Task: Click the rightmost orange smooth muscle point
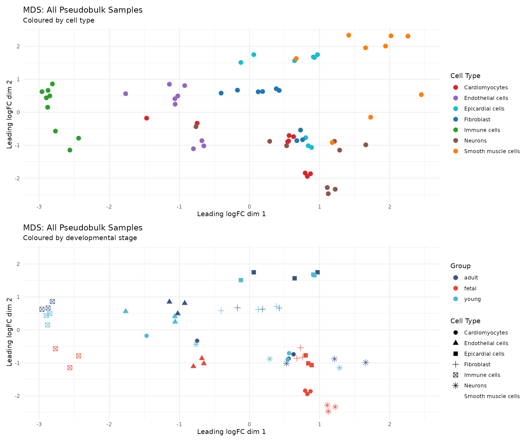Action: (x=421, y=95)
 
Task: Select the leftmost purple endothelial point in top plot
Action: (x=126, y=94)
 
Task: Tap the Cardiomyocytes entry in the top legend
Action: (x=486, y=87)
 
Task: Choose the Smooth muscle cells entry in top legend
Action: (x=492, y=151)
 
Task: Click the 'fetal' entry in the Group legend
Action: (x=470, y=288)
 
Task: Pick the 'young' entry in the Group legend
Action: (x=472, y=299)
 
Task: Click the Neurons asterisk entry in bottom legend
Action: (x=475, y=386)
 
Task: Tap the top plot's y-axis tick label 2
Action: (x=18, y=47)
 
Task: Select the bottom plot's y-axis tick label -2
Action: (x=17, y=396)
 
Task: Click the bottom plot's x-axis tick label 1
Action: (x=320, y=424)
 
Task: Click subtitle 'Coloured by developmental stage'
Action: (x=80, y=238)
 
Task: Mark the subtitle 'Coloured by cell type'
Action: (x=59, y=20)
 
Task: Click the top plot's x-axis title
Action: (x=231, y=214)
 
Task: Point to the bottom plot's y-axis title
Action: (x=9, y=332)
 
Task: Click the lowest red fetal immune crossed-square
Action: (x=70, y=368)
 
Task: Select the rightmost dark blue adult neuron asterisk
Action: (x=366, y=362)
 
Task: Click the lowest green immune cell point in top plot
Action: (x=70, y=150)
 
